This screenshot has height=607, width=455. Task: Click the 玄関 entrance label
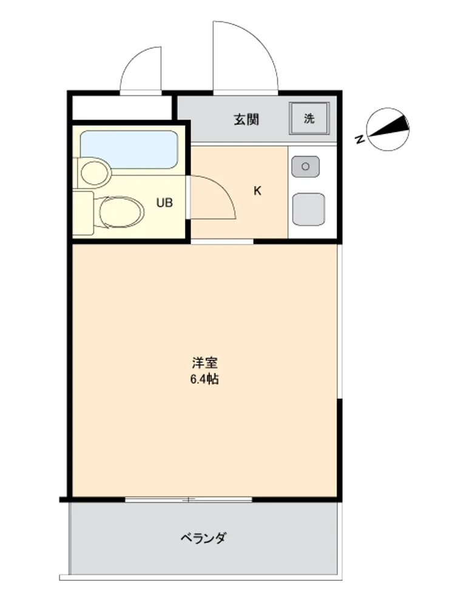(246, 120)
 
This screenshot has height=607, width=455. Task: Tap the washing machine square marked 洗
(309, 118)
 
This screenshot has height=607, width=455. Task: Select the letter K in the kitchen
(257, 191)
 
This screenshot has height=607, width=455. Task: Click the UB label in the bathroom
(164, 203)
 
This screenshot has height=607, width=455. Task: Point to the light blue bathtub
(129, 149)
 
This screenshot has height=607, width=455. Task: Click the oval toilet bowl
(121, 212)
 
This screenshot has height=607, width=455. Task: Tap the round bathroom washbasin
(95, 173)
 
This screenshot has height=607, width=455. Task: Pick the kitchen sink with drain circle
(306, 167)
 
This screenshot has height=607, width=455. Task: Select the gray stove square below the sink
(308, 209)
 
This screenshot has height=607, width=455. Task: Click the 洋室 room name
(204, 363)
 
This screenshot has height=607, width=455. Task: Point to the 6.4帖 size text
(204, 379)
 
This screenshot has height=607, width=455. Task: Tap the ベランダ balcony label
(203, 538)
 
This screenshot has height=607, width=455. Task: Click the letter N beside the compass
(360, 138)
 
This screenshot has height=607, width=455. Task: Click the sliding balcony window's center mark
(189, 500)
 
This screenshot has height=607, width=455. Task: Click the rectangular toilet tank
(83, 213)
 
